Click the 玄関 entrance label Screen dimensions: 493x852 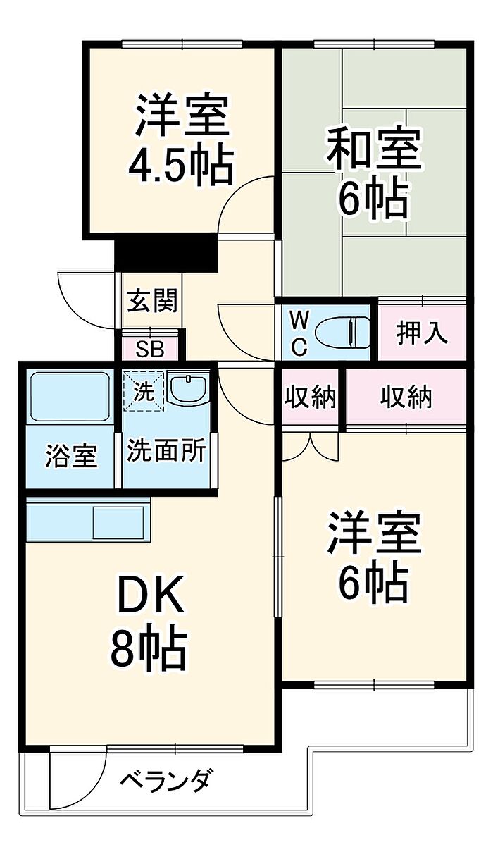pyautogui.click(x=152, y=300)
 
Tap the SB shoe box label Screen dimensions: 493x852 pyautogui.click(x=150, y=349)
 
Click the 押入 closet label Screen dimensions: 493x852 pyautogui.click(x=421, y=333)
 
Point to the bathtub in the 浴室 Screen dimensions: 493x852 pyautogui.click(x=70, y=396)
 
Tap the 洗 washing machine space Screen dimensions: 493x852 pyautogui.click(x=143, y=391)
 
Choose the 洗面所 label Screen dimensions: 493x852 pyautogui.click(x=166, y=450)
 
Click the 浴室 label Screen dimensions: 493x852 pyautogui.click(x=71, y=455)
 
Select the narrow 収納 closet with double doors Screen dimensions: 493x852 pyautogui.click(x=310, y=398)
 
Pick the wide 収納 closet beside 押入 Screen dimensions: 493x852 pyautogui.click(x=406, y=398)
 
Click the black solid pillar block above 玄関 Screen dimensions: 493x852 pyautogui.click(x=166, y=253)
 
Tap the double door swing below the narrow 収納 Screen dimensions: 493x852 pyautogui.click(x=310, y=447)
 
